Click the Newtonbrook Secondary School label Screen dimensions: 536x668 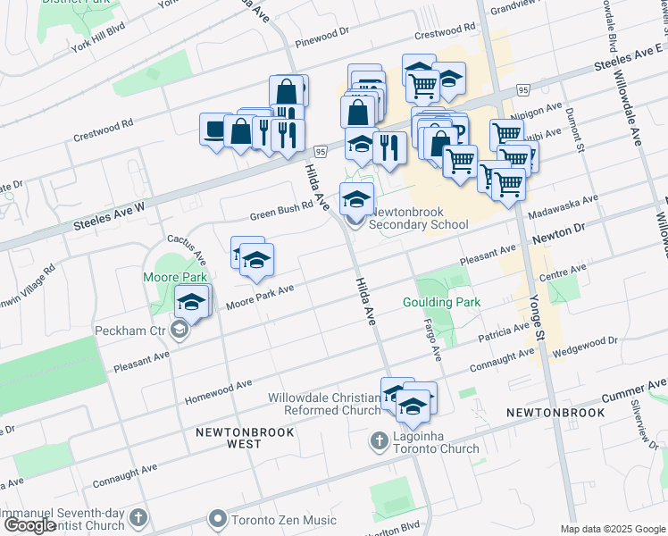(x=419, y=218)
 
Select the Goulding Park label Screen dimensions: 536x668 (x=441, y=303)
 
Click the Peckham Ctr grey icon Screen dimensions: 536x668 (x=180, y=331)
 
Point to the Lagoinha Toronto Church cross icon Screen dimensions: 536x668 (x=379, y=440)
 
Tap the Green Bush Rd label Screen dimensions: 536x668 (x=281, y=210)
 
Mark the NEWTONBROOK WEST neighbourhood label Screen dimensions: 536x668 (x=230, y=438)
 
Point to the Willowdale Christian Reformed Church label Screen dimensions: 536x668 (x=324, y=404)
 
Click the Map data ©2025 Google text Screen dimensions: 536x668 (x=613, y=529)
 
